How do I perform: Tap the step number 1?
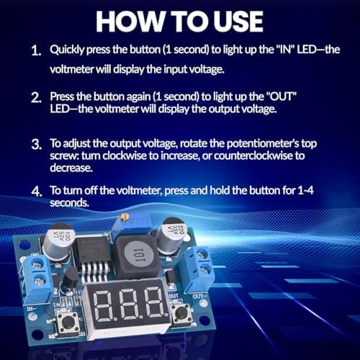pos(36,52)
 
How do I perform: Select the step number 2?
pos(36,97)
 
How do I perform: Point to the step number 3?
pos(36,145)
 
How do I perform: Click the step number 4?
pos(36,192)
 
